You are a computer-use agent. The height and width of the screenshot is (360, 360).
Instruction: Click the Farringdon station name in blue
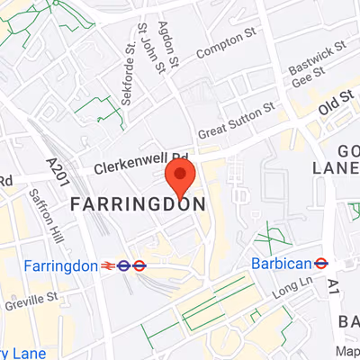tap(60, 265)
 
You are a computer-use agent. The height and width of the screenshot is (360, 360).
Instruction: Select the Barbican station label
tap(280, 263)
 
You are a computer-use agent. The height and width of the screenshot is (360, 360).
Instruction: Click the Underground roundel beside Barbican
tap(319, 263)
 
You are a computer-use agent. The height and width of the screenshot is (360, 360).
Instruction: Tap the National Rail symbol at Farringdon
tap(112, 265)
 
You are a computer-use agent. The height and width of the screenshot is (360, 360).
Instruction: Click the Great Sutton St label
tap(235, 121)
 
